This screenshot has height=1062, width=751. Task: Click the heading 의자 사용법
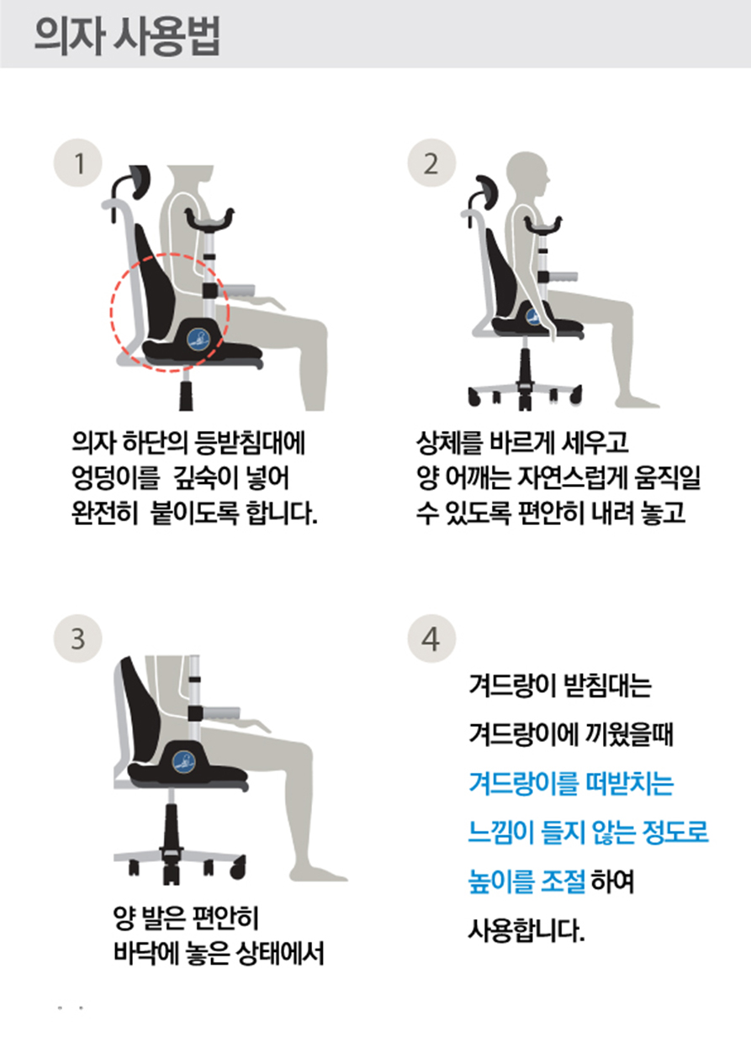127,36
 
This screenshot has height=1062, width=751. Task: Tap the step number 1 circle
78,163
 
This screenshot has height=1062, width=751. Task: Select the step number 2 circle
431,163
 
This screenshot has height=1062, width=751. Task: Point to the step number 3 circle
78,639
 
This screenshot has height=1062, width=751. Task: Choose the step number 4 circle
431,639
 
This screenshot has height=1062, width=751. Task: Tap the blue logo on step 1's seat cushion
198,339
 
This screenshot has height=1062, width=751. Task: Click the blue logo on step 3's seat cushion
183,762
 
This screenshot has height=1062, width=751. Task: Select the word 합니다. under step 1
282,513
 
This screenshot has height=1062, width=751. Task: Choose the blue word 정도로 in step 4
675,832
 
